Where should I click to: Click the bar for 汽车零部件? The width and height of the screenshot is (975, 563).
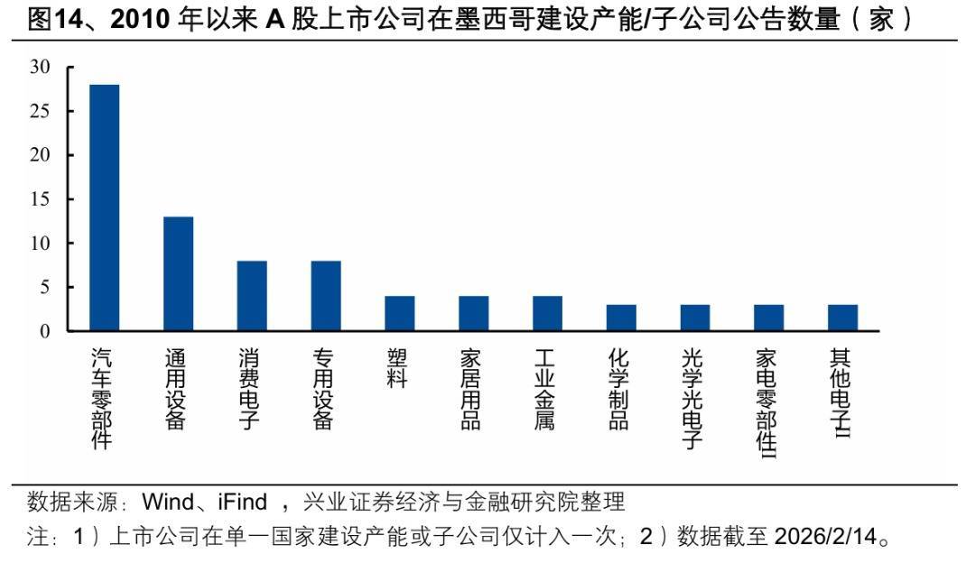point(104,208)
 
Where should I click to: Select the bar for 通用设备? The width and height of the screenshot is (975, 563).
point(178,273)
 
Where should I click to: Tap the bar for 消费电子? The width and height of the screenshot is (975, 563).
point(252,296)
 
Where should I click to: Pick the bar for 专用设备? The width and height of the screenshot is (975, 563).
point(326,296)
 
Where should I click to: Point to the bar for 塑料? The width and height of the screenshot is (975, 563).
point(399,313)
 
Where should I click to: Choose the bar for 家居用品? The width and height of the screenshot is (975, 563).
point(473,313)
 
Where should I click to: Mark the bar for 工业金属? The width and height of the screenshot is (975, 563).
point(547,313)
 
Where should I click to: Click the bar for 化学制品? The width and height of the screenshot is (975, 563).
point(621,318)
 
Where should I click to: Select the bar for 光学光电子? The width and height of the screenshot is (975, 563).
point(695,318)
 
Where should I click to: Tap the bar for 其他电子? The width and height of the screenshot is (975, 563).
point(842,318)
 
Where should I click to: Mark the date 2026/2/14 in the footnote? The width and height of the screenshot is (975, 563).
point(826,538)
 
